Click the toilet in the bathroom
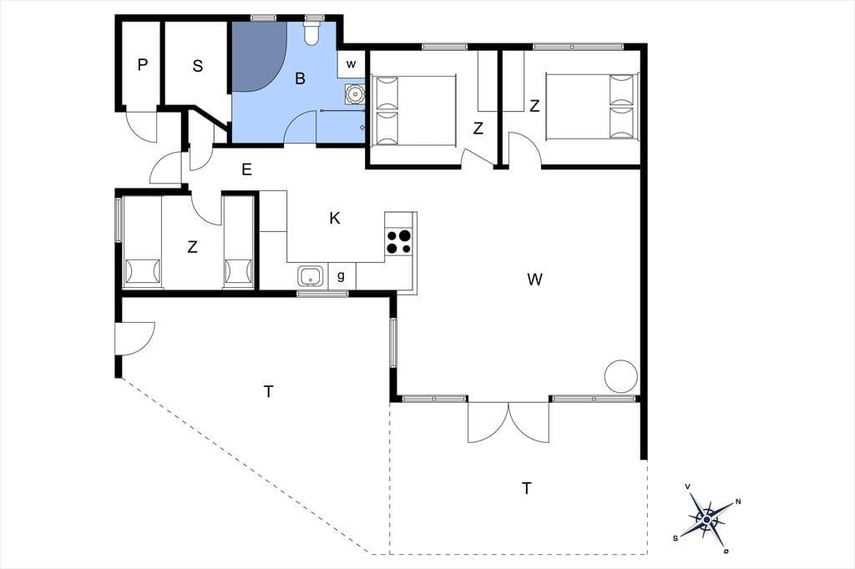[312, 33]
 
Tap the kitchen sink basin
[311, 276]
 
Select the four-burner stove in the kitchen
[398, 242]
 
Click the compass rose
[708, 519]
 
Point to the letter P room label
[142, 65]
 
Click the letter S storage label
[197, 66]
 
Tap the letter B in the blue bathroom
[300, 78]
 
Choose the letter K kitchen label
[335, 218]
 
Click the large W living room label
[535, 279]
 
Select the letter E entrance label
[246, 169]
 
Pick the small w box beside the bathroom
[352, 64]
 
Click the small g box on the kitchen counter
[341, 276]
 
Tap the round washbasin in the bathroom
[354, 93]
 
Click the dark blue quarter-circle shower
[256, 56]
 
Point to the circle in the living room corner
[621, 375]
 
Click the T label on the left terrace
[268, 391]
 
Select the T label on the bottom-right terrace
[526, 488]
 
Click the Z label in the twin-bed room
[192, 247]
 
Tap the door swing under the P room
[142, 127]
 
